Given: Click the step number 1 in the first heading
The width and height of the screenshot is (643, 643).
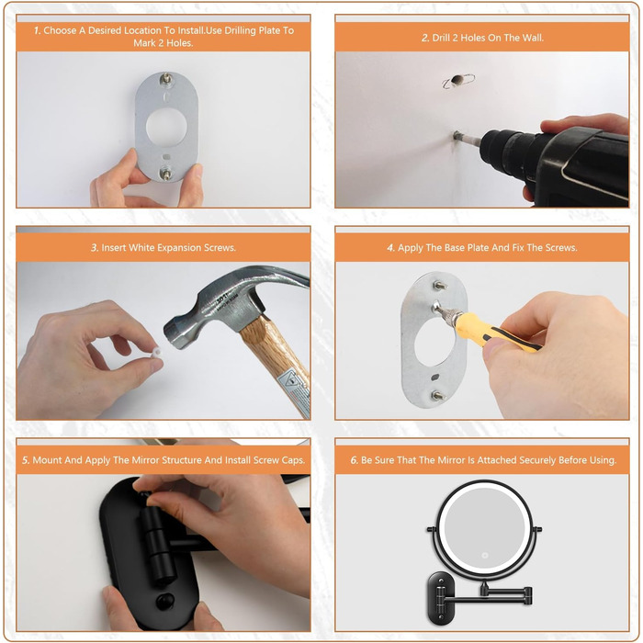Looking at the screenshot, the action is point(37,30).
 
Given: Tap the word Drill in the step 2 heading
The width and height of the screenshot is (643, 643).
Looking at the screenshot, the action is point(441,38).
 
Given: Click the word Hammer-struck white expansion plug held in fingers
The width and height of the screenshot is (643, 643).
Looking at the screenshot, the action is point(156,352).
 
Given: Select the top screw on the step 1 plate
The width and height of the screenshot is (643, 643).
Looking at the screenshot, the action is point(166,79).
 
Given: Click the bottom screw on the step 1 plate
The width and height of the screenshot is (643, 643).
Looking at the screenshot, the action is point(165,174).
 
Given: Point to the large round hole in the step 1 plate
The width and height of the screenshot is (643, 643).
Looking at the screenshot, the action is point(166,127).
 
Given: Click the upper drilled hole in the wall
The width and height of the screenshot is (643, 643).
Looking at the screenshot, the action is point(457,80).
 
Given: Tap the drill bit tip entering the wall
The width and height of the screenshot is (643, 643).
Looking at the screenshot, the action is point(456,135).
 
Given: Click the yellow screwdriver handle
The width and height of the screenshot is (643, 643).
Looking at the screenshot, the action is point(493,333).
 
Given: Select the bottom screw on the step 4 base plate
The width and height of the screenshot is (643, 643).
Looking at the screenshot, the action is point(437,396).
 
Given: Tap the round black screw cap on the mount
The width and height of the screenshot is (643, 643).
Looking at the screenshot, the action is point(165,601).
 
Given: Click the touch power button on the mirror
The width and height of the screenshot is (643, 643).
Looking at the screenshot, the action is point(485,555).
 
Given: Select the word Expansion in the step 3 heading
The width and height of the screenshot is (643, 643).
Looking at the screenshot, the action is point(177,248).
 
